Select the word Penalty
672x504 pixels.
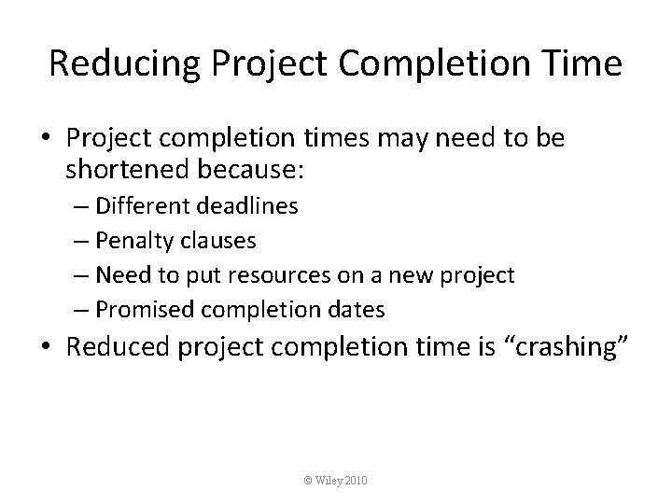click(x=128, y=241)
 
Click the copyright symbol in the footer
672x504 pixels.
click(x=308, y=480)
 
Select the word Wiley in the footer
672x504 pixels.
click(x=329, y=480)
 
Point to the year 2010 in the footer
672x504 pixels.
click(x=357, y=480)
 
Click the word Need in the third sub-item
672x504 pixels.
click(x=116, y=275)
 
